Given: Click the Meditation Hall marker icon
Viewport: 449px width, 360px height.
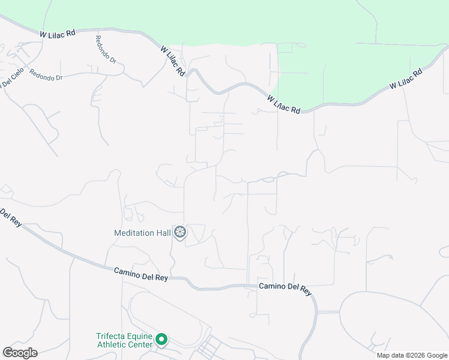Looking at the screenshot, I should click(x=179, y=232).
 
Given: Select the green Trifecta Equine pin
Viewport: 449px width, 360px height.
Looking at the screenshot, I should click(x=161, y=340).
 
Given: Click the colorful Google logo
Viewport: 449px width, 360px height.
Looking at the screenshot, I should click(x=20, y=353).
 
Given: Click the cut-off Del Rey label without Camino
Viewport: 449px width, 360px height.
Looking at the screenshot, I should click(x=10, y=217).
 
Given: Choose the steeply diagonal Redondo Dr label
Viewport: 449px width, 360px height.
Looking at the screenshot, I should click(x=105, y=49).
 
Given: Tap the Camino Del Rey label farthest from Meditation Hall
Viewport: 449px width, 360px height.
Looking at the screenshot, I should click(x=285, y=287).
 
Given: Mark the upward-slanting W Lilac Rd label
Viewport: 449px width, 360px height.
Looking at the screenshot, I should click(x=405, y=79).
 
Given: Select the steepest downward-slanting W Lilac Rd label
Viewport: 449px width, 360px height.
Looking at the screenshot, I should click(x=173, y=61).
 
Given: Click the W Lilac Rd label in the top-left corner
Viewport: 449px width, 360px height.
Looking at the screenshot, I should click(x=58, y=35).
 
